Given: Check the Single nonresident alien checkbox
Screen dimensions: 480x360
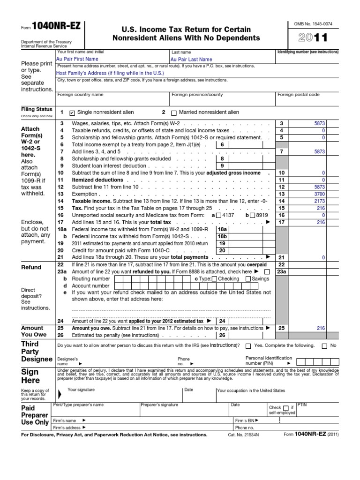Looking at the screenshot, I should coord(72,112).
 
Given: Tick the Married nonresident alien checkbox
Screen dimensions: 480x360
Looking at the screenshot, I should coord(174,112).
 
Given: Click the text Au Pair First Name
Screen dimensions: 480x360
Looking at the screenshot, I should coord(77,59).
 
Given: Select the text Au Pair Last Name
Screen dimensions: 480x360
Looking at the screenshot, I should coord(191,60).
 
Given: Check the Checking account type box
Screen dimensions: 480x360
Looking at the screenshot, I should coord(214,279).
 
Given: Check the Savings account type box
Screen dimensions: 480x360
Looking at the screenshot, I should coord(248,279).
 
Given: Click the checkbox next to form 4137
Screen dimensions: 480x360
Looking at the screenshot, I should coord(218,215).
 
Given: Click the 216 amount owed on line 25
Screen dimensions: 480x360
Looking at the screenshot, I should coord(320,329).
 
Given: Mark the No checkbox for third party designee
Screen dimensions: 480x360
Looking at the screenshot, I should coord(324,346).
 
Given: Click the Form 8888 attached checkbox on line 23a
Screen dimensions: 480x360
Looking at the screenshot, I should coord(267,272).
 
